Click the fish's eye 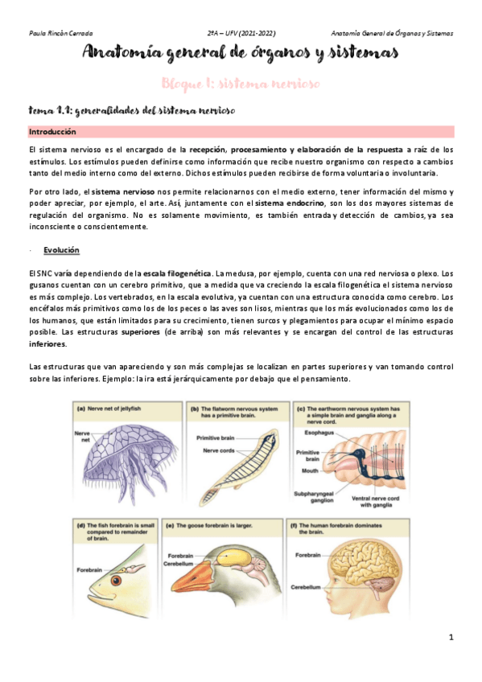[117, 579]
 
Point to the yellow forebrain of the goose [234, 556]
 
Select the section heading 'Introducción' [52, 131]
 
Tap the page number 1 [451, 637]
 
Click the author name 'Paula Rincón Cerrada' [60, 34]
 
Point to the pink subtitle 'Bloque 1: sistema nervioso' [241, 84]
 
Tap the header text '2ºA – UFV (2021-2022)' [241, 34]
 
